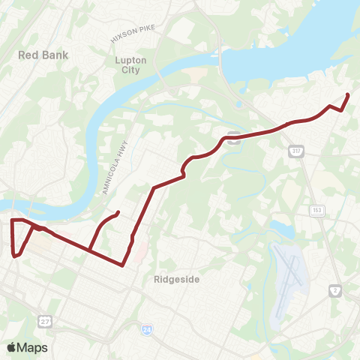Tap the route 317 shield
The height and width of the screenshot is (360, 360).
[295, 152]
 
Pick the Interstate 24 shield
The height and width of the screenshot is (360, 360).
[147, 328]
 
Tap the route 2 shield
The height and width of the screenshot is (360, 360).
[335, 289]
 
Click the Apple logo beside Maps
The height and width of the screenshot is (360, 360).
[12, 347]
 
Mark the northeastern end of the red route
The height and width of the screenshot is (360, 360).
[348, 94]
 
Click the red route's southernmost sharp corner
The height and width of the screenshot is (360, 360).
[122, 265]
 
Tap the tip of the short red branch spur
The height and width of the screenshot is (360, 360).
[118, 214]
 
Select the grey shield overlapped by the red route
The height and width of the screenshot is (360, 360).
[234, 136]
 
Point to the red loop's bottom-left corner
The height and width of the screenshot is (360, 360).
[14, 256]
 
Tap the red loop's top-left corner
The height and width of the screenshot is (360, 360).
[12, 220]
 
